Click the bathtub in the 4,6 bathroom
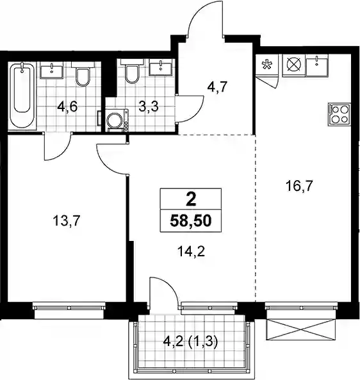(x=22, y=95)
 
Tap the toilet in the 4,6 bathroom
(x=83, y=74)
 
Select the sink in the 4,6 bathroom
(x=52, y=70)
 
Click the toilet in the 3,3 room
(x=132, y=70)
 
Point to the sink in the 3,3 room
(x=161, y=67)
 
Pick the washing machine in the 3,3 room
(x=117, y=120)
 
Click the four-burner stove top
(x=340, y=115)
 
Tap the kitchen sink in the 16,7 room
(x=317, y=65)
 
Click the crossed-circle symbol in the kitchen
(x=294, y=65)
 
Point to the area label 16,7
(x=299, y=186)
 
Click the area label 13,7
(x=66, y=221)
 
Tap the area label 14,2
(x=191, y=252)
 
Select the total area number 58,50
(x=191, y=221)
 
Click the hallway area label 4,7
(x=217, y=87)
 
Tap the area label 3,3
(x=149, y=106)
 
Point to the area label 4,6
(x=67, y=106)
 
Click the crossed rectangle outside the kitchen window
(x=301, y=329)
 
